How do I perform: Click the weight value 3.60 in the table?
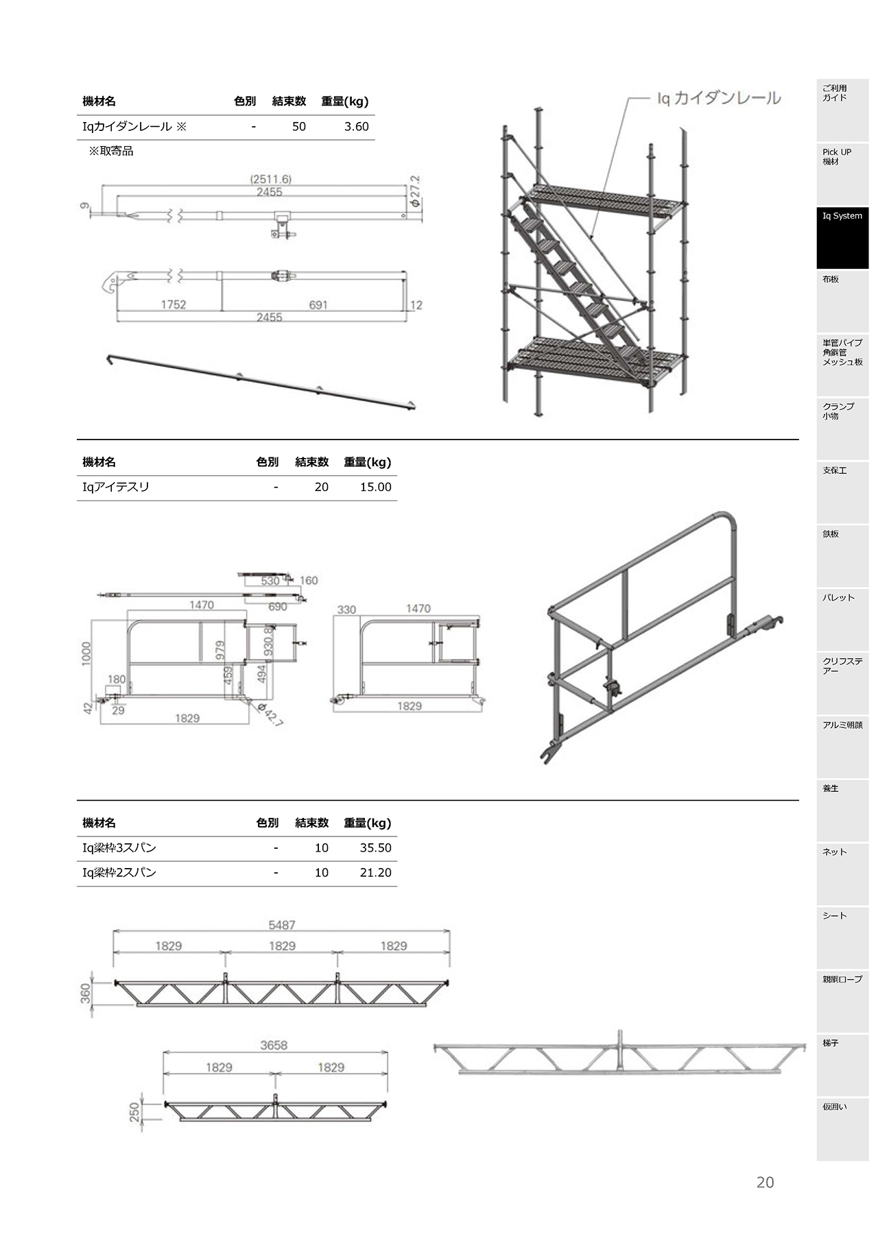[x=356, y=127]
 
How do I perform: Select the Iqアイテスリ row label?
[x=116, y=487]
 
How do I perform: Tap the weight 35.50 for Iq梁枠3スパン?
[x=375, y=848]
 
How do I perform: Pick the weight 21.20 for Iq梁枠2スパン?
[x=375, y=873]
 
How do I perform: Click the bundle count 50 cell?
[x=299, y=127]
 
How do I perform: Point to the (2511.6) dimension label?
[x=270, y=180]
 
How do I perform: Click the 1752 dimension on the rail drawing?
[x=174, y=304]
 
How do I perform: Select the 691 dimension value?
[x=318, y=304]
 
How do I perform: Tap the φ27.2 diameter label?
[x=414, y=191]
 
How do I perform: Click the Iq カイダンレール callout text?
[x=718, y=98]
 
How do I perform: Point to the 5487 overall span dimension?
[x=282, y=925]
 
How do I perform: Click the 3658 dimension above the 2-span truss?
[x=274, y=1045]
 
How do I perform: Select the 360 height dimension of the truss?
[x=86, y=993]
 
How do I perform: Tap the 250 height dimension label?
[x=134, y=1112]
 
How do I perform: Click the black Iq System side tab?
[x=842, y=238]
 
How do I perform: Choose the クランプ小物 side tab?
[x=842, y=429]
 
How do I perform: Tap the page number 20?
[x=766, y=1182]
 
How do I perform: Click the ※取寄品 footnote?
[x=111, y=151]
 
